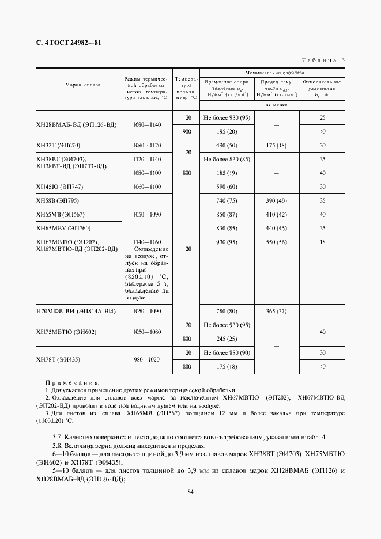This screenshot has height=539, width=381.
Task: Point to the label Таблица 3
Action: coord(323,60)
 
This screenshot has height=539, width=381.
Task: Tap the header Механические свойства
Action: coord(270,73)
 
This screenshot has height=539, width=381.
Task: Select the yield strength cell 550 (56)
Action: coord(276,242)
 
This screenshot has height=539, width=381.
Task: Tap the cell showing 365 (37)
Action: coord(276,312)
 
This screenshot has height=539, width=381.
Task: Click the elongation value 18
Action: coord(323,242)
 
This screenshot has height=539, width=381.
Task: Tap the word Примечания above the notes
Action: coord(73,382)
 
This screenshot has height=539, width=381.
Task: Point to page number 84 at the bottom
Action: coord(190,492)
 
